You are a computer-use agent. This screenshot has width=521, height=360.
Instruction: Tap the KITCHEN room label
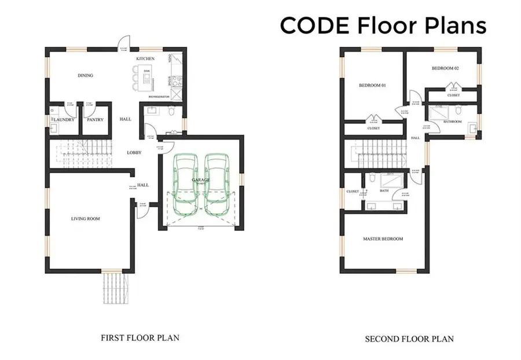pyautogui.click(x=145, y=59)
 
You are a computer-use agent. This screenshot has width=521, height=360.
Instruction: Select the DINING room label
pyautogui.click(x=86, y=75)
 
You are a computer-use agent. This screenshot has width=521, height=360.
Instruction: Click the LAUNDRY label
pyautogui.click(x=64, y=120)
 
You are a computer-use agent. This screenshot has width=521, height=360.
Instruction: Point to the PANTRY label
pyautogui.click(x=94, y=120)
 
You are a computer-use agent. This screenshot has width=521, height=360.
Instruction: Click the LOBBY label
pyautogui.click(x=134, y=153)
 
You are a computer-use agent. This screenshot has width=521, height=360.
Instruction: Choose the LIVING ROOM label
pyautogui.click(x=86, y=218)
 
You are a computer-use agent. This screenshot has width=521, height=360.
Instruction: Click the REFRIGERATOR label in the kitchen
pyautogui.click(x=159, y=97)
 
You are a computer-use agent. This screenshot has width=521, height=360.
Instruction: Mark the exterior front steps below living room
pyautogui.click(x=114, y=288)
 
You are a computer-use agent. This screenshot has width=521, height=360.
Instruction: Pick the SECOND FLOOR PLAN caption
pyautogui.click(x=409, y=339)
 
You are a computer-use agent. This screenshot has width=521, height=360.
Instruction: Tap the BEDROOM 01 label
pyautogui.click(x=372, y=85)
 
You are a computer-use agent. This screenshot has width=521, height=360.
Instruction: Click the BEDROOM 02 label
pyautogui.click(x=445, y=68)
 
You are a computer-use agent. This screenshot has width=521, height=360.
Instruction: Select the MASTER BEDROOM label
pyautogui.click(x=383, y=238)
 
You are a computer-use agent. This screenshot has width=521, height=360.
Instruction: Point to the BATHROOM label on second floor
pyautogui.click(x=452, y=122)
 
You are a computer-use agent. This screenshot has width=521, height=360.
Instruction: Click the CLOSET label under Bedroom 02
pyautogui.click(x=453, y=95)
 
